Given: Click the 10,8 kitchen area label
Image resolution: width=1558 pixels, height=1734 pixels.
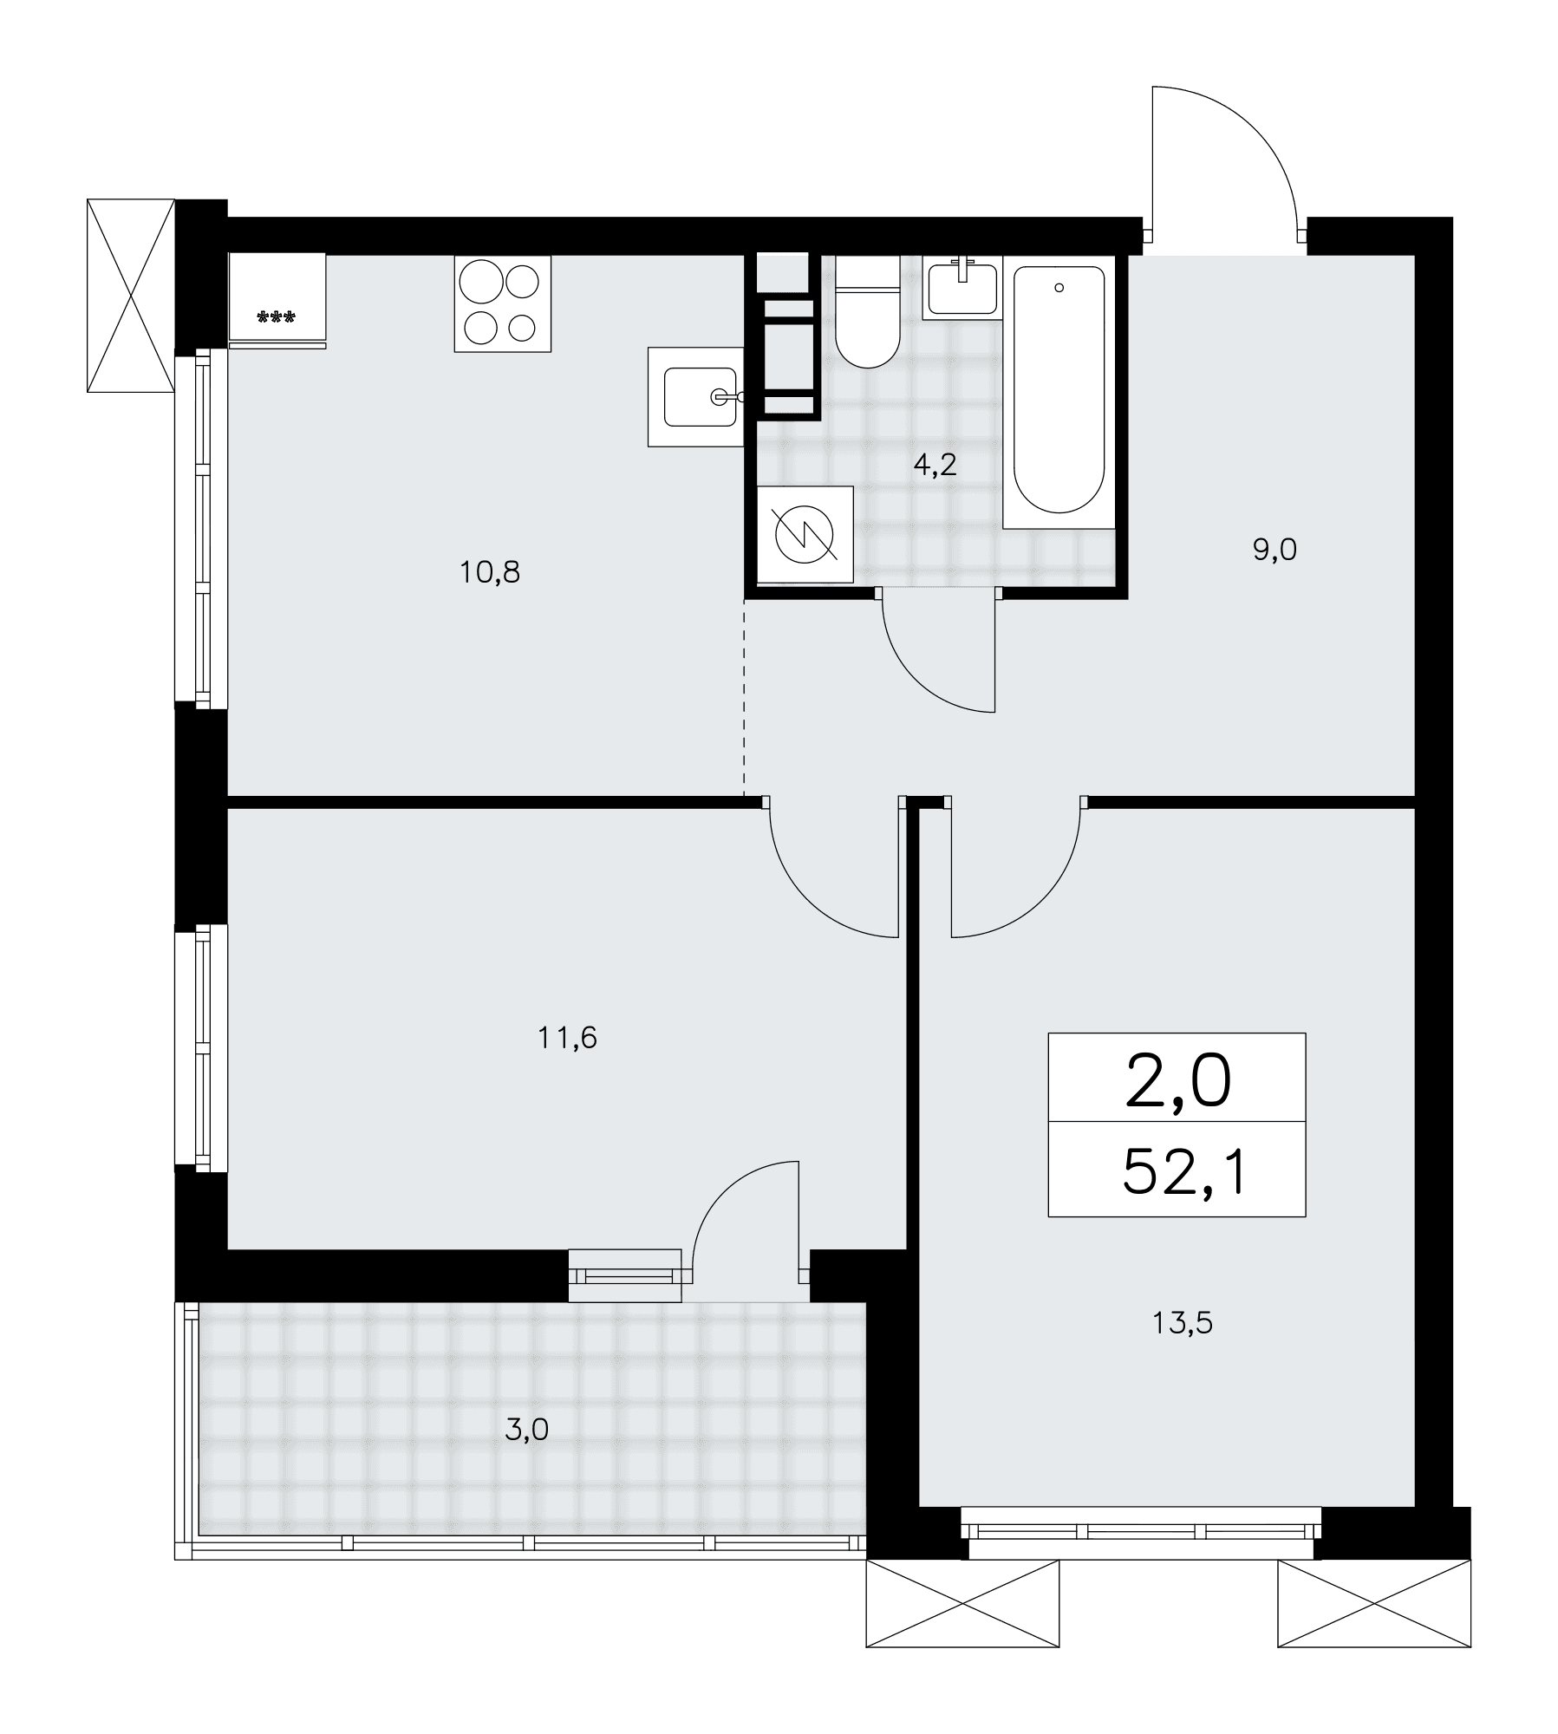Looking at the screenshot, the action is click(x=490, y=572).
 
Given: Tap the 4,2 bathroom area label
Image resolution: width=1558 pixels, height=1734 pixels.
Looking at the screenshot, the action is click(x=935, y=466).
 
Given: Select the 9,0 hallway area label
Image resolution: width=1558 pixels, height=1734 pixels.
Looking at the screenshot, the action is click(x=1274, y=550).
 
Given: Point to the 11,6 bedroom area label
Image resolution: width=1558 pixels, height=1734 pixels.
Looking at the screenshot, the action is click(x=568, y=1037).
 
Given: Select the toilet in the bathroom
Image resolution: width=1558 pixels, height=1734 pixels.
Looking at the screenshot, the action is click(x=867, y=312).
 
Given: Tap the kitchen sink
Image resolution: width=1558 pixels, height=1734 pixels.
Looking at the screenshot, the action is click(x=696, y=397).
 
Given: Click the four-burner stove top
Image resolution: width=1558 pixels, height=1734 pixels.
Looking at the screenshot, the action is click(x=503, y=303).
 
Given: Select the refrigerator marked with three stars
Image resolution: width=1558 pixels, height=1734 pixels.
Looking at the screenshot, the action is click(x=277, y=300).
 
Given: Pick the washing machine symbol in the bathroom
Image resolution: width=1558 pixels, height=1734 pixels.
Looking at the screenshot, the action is click(x=805, y=534).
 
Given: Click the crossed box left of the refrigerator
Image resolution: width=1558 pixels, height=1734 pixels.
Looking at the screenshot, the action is click(x=131, y=296).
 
